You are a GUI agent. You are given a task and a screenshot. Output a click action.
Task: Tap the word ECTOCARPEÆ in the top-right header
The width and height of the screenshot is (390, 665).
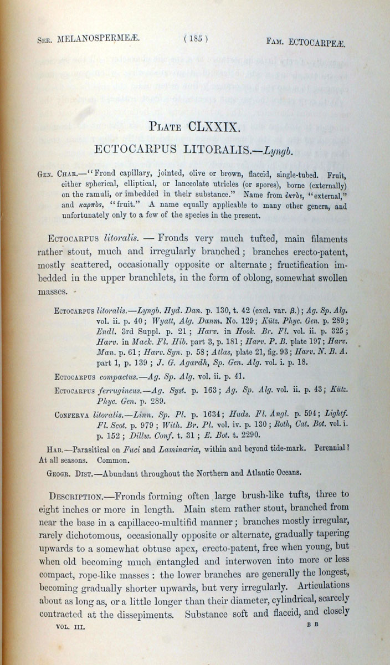coord(321,41)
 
